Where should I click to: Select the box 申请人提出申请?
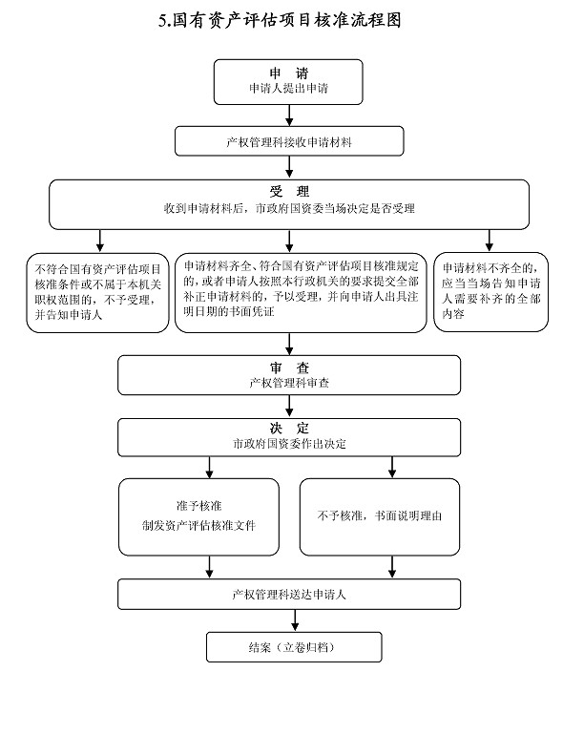pos(288,82)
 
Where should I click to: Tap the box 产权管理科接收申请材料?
pos(289,141)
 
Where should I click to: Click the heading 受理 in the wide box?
pos(289,191)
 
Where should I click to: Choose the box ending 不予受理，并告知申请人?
pos(97,293)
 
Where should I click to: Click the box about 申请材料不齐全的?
pos(490,292)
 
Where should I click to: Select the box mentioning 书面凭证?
pos(301,293)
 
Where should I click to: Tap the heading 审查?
pos(289,367)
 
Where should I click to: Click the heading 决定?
pos(289,428)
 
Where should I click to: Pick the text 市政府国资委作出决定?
pos(289,444)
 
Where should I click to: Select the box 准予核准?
pos(198,517)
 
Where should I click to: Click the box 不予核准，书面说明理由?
pos(380,517)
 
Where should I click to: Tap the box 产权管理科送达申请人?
pos(289,595)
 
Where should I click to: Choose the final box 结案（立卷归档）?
pos(294,647)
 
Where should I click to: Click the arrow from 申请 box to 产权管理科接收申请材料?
pos(289,115)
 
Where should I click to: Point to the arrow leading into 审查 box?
pos(289,344)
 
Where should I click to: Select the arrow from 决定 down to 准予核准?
pos(210,468)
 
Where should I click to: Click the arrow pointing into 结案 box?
pos(295,620)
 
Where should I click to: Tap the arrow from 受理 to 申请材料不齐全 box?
pos(490,241)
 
